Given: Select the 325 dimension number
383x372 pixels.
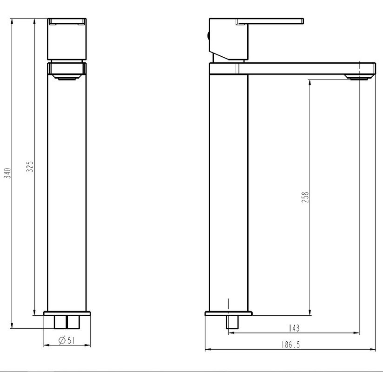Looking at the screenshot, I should [x=29, y=166].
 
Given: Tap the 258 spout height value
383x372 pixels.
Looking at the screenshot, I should [x=305, y=197].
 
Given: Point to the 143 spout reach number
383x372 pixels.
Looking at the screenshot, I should [x=294, y=328].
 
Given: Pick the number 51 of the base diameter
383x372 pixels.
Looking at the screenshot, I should [x=71, y=341].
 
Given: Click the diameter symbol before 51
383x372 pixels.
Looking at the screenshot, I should [x=61, y=341].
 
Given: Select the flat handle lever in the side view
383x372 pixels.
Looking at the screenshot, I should [x=270, y=21].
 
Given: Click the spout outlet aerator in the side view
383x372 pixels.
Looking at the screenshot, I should [x=357, y=77].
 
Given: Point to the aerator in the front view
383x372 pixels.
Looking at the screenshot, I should [x=67, y=78].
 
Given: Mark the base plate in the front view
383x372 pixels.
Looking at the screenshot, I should [x=67, y=313].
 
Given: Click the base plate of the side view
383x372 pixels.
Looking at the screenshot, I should [x=229, y=313].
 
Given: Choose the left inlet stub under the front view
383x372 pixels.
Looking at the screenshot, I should [x=60, y=322].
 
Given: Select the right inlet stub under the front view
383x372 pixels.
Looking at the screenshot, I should [x=73, y=322].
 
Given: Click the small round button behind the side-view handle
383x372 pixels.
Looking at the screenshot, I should [x=207, y=34].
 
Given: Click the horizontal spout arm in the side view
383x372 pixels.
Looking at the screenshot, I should [x=307, y=68].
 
